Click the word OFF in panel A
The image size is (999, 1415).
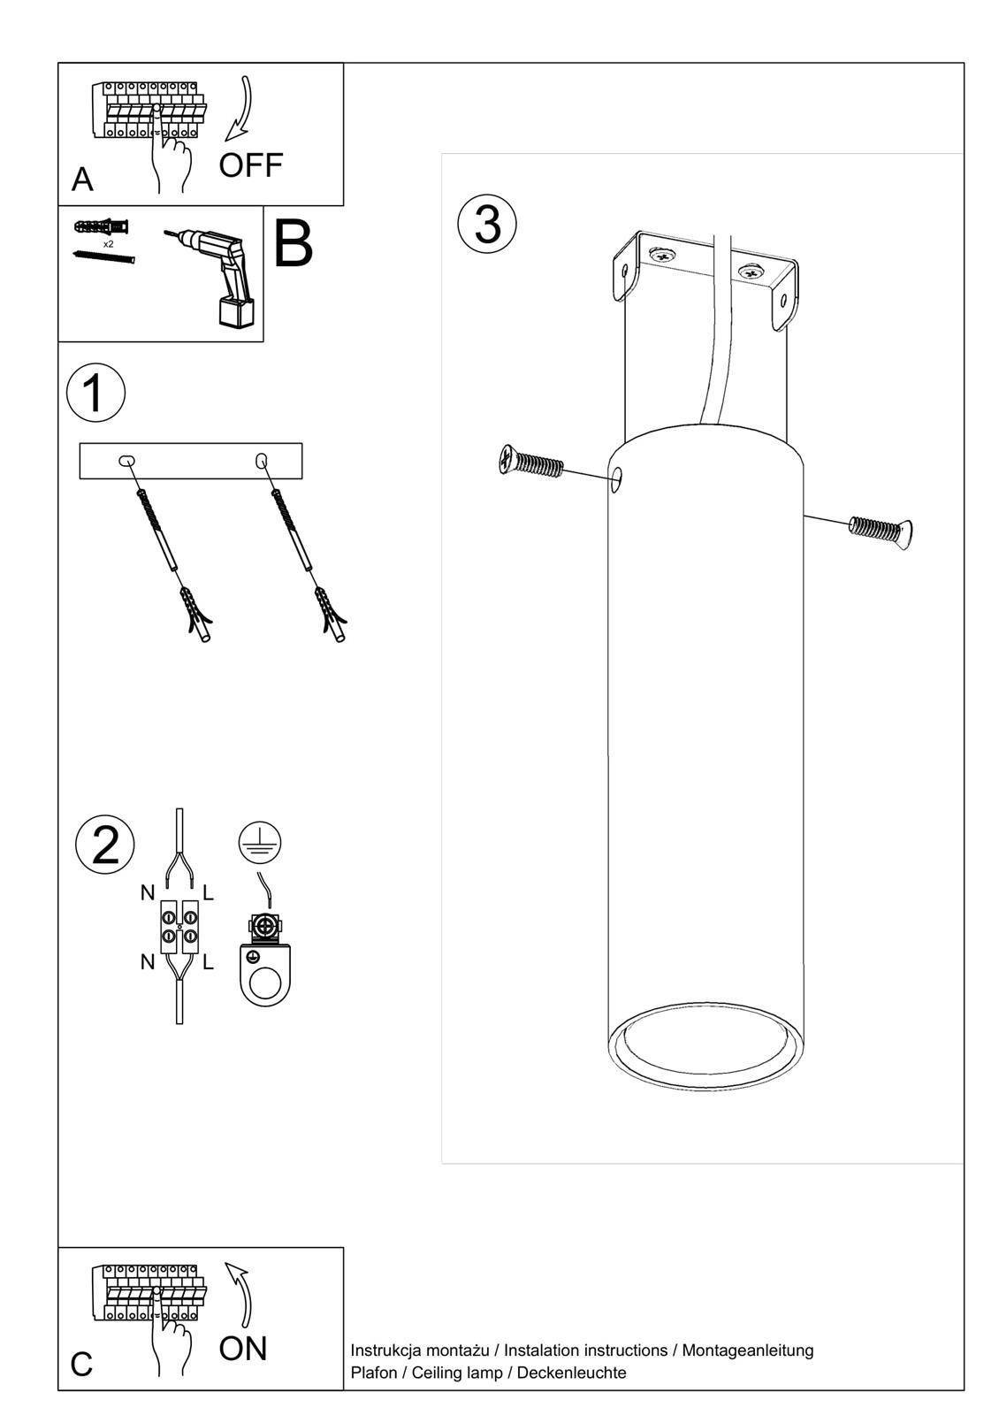pyautogui.click(x=251, y=165)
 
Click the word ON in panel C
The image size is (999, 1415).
pyautogui.click(x=243, y=1349)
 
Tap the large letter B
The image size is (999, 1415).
pyautogui.click(x=293, y=243)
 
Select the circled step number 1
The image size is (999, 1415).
pyautogui.click(x=96, y=393)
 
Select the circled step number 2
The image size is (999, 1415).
pyautogui.click(x=105, y=845)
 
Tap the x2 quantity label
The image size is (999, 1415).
pyautogui.click(x=109, y=243)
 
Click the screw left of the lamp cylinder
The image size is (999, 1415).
pyautogui.click(x=529, y=462)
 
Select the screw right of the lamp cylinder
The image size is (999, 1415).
pyautogui.click(x=882, y=530)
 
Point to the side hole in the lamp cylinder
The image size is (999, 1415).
pyautogui.click(x=617, y=479)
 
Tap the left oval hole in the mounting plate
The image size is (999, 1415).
pyautogui.click(x=126, y=461)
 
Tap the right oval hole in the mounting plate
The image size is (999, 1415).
pyautogui.click(x=261, y=461)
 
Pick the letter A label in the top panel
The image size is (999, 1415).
pyautogui.click(x=82, y=180)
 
